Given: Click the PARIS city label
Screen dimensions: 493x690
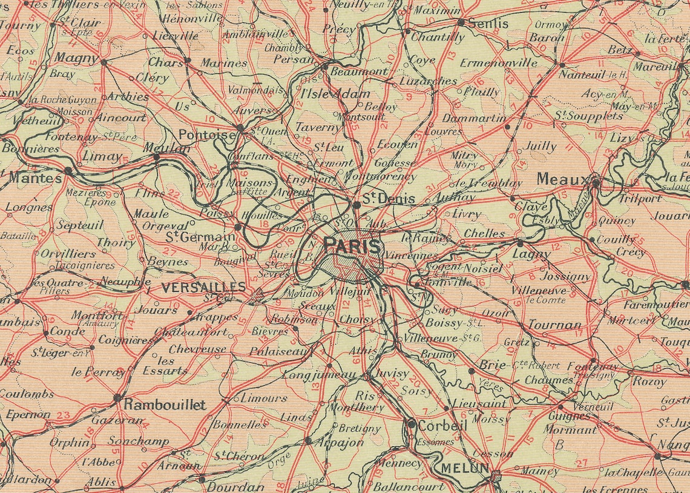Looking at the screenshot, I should point(352,245).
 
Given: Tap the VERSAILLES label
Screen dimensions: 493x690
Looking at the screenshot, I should point(203,287).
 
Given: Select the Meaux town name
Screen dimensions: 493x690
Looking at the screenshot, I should point(562,180).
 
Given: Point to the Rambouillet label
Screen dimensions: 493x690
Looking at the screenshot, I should point(165,405).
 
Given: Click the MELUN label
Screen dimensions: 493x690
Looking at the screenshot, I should point(465,468).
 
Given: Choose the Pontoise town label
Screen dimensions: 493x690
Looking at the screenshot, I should point(206,134).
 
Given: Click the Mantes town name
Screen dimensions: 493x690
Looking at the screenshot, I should point(35,178).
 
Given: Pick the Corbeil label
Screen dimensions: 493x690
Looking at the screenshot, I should point(442,426).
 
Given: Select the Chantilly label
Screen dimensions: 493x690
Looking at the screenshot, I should point(438,37).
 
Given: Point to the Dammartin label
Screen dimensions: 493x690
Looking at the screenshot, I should point(474,118).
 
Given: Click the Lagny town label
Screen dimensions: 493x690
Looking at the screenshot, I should point(531,254).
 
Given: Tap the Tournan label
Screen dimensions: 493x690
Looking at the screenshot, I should point(554,325).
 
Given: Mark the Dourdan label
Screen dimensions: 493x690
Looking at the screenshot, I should point(235,486).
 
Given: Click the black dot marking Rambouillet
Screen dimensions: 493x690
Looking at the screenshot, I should point(117,398).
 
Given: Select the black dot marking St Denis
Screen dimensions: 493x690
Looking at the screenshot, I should point(356,205).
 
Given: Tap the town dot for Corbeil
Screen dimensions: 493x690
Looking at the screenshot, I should point(412,424).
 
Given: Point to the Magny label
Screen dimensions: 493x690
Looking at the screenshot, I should point(76,58).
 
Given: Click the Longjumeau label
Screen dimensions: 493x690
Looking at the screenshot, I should point(319,375).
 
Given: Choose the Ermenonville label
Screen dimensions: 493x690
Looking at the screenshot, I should point(498,63).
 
